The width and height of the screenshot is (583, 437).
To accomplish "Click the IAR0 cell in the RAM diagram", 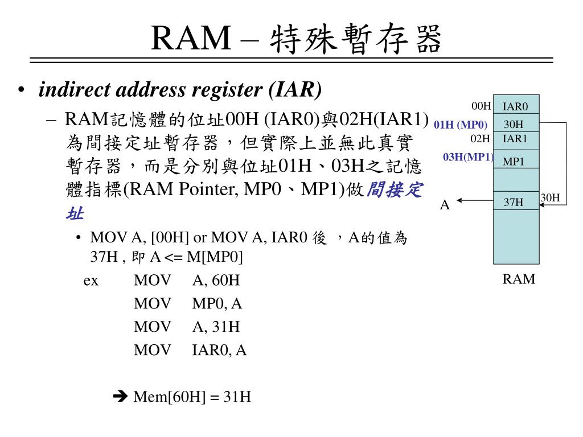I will pos(515,106).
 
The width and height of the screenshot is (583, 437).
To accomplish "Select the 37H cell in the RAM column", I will pos(514,201).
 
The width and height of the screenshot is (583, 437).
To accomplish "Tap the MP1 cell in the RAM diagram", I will pos(514,162).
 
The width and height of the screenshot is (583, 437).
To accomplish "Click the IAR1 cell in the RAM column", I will pos(515,138).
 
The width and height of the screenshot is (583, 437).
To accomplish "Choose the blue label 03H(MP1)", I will pos(468,157).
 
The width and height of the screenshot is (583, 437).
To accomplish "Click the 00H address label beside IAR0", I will pos(481,106).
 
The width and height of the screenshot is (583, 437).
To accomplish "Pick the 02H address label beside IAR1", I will pos(480,138).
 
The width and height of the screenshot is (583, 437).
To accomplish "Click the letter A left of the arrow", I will pos(445,205).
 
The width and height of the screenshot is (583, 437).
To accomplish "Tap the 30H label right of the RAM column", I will pos(551,198).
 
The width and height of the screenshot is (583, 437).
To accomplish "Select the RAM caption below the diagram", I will pos(519,279).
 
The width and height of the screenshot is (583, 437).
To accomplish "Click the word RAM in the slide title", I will pos(190,39).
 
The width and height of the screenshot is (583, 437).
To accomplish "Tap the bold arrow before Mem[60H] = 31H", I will pos(121,397).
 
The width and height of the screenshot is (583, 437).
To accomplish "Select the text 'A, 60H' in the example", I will pos(216,280).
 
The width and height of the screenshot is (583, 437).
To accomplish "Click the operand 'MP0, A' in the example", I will pos(217,304).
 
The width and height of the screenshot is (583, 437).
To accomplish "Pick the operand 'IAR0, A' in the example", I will pos(219,350).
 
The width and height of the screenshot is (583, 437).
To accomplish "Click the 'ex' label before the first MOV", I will pos(91,280).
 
